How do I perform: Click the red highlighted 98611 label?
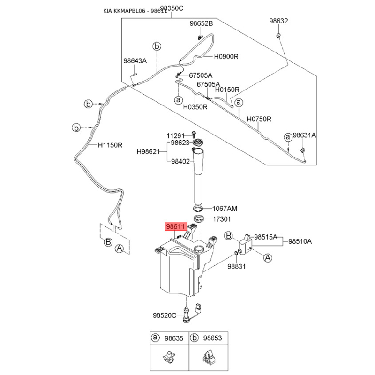coord(176,226)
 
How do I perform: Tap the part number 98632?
coord(278,21)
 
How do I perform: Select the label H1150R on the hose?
coord(110,145)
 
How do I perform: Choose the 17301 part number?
coord(222,219)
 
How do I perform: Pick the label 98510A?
coord(300,241)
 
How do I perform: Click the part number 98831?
coord(237,266)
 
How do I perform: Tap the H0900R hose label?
coord(226,56)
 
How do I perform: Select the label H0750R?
coord(259,119)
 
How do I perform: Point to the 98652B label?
coord(201,23)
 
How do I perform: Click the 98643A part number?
coord(135,61)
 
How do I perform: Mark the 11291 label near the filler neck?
coord(176,135)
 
